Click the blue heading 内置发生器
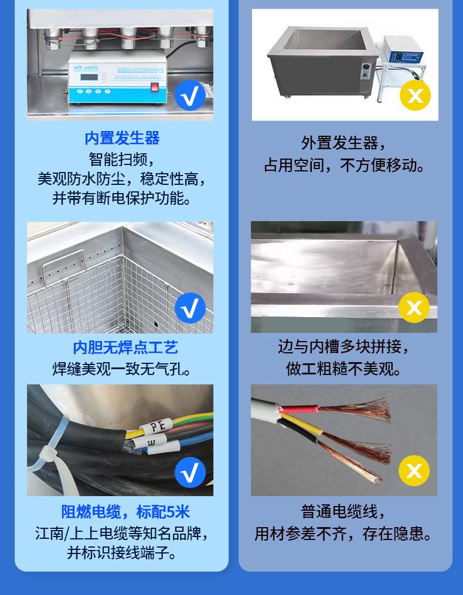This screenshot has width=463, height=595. [122, 138]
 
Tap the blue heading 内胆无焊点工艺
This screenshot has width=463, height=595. [125, 348]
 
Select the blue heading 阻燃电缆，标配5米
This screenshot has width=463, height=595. [125, 512]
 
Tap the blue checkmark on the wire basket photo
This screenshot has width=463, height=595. [190, 308]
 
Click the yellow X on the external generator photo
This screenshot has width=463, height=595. [415, 95]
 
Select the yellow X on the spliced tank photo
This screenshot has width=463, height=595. [414, 307]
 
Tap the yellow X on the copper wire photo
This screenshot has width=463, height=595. [414, 471]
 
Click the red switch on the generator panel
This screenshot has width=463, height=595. [155, 90]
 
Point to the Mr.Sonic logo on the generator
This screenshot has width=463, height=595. [86, 67]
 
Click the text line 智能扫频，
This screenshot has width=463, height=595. [122, 159]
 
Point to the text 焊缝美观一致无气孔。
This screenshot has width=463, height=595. [122, 369]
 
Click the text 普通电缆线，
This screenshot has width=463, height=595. [344, 512]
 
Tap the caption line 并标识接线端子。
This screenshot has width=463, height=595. [122, 553]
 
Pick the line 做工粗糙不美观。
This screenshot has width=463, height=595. [344, 369]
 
